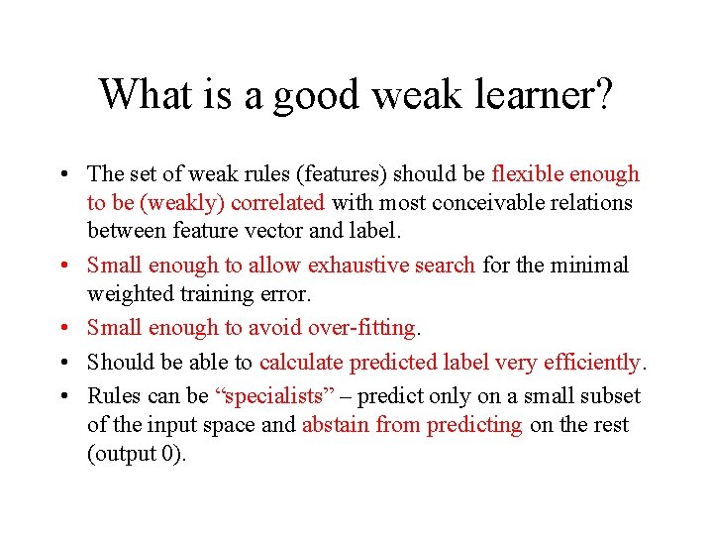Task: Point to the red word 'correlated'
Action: [x=277, y=203]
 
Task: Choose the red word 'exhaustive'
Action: [x=356, y=266]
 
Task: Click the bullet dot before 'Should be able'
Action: [x=63, y=364]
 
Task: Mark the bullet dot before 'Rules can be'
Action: [x=63, y=396]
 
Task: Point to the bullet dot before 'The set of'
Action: [x=63, y=175]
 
